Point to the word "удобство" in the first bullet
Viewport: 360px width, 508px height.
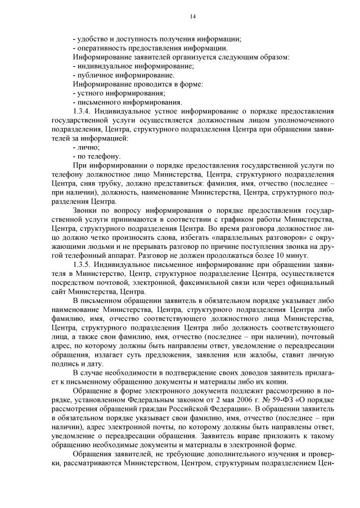(93, 39)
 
